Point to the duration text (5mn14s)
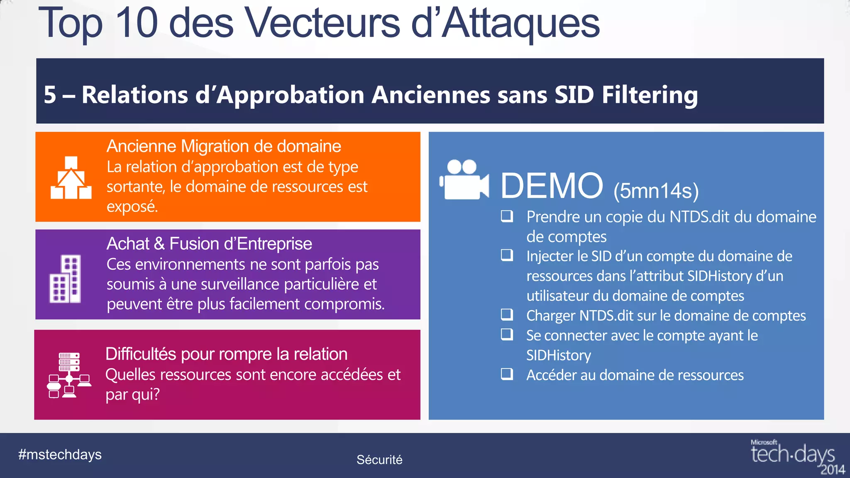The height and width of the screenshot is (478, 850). coord(656,191)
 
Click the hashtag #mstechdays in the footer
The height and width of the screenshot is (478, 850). coord(60,455)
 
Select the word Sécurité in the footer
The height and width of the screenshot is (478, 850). coord(379,460)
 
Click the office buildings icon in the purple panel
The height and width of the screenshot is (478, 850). coord(65,278)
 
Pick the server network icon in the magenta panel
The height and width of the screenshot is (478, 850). coord(69,375)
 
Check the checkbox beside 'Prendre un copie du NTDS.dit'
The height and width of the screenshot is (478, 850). coord(507,216)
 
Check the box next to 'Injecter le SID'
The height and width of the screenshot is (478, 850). coord(507,255)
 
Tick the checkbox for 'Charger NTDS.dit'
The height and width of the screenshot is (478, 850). coord(507,315)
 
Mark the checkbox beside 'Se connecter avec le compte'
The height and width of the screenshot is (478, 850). coord(507,334)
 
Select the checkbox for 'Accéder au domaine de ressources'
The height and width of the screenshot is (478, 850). coord(507,374)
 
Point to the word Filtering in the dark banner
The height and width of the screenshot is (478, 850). coord(650,95)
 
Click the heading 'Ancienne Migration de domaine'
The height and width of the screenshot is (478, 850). coord(224,146)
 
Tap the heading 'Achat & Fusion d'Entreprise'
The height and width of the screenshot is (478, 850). coord(209,244)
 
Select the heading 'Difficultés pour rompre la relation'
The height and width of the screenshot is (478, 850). coord(226,354)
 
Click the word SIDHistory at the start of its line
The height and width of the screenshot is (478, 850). coord(559,356)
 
